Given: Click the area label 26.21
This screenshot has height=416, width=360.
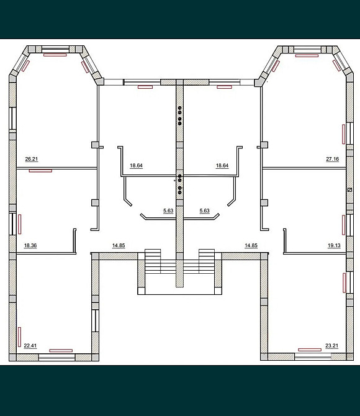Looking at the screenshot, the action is [x=31, y=159].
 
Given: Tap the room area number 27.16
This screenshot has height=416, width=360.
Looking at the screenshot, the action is [x=333, y=159].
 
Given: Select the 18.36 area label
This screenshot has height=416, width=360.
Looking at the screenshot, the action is [x=30, y=245].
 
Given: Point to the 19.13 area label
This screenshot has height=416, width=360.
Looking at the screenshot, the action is [x=334, y=245].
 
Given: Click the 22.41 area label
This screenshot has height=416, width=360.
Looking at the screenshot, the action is [x=30, y=346].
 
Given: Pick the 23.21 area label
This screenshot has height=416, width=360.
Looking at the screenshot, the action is [x=332, y=346].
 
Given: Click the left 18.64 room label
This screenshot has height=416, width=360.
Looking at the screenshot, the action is [x=136, y=166].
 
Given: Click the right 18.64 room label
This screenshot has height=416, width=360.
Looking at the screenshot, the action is [x=222, y=166].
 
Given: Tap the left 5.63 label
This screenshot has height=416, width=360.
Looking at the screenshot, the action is [x=168, y=210].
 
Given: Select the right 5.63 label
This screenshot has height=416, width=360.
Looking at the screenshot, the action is [x=205, y=210].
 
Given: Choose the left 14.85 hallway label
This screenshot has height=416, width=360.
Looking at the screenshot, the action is [x=119, y=245].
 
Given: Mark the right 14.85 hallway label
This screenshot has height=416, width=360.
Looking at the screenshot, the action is [x=251, y=245].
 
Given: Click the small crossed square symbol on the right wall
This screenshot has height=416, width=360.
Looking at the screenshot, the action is [x=349, y=190].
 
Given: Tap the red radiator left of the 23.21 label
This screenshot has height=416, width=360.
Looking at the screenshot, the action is [x=310, y=350].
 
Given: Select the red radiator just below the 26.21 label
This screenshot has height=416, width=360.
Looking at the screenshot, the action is [x=40, y=171].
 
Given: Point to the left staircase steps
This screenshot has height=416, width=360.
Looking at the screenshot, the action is [x=153, y=261].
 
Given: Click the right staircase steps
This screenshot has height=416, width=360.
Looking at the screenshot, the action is [x=207, y=261].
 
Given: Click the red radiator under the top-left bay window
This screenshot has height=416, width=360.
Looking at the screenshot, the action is [x=55, y=55].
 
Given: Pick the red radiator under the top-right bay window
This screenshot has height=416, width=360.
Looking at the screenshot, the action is [x=307, y=56].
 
